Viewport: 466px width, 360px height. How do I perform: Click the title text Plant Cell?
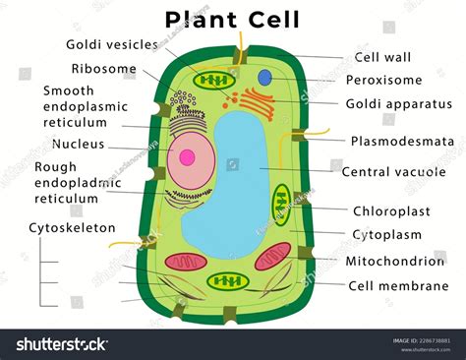[232, 19]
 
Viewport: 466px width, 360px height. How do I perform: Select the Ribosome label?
[105, 69]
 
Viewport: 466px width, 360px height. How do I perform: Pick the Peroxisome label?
[384, 80]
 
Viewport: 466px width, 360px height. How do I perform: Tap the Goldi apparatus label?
[398, 103]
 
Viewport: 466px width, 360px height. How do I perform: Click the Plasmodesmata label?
[402, 141]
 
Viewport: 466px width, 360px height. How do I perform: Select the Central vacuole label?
[393, 171]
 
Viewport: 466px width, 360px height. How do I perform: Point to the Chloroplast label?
[391, 210]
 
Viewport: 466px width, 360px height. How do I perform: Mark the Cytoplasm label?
[386, 234]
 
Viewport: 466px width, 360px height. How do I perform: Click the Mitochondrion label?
[394, 261]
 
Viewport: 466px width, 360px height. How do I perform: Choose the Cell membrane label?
[394, 286]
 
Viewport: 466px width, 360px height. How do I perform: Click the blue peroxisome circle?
[264, 77]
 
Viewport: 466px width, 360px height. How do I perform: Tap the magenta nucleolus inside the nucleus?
[185, 155]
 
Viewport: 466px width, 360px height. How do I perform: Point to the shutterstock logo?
[60, 343]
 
